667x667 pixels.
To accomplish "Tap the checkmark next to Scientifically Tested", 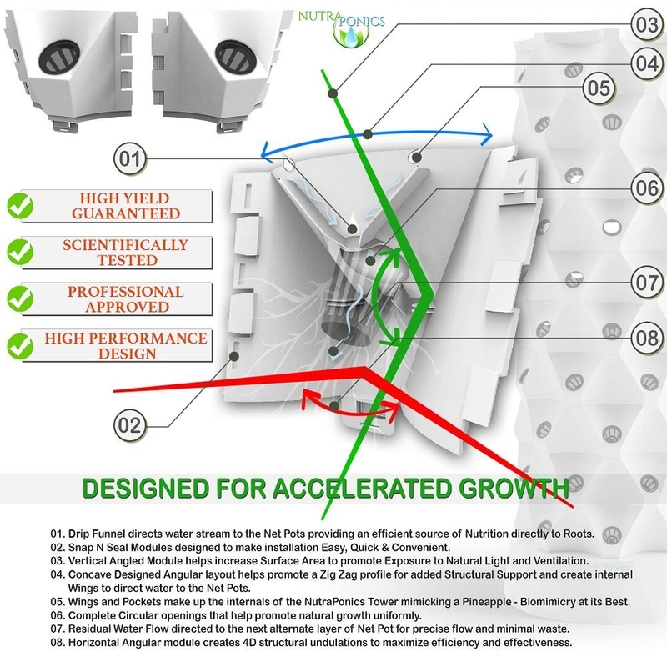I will (18, 253).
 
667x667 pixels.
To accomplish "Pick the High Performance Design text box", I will (125, 346).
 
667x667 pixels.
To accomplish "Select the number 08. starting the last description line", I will (58, 643).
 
